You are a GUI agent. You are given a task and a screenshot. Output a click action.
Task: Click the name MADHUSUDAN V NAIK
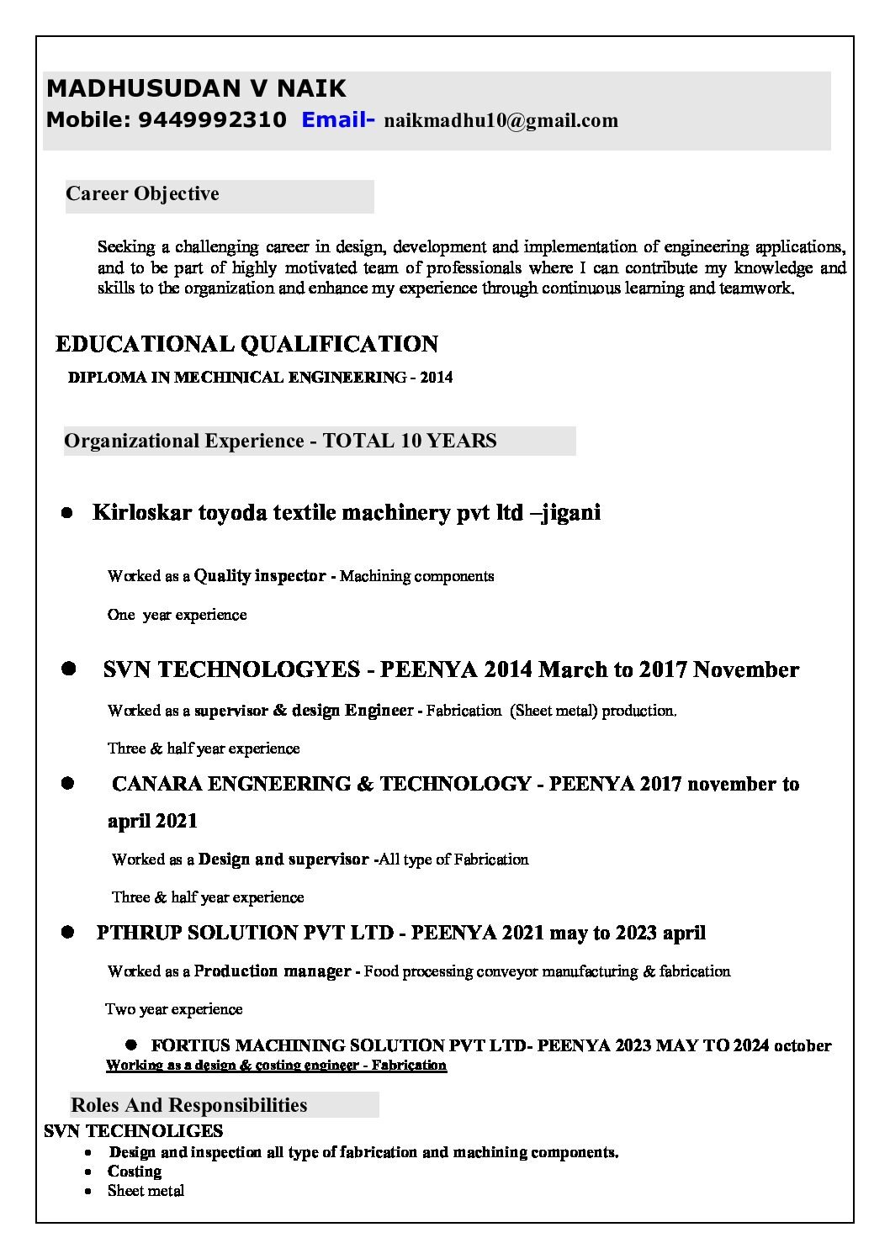coord(196,88)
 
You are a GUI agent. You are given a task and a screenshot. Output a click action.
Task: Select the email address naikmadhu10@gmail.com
coord(501,121)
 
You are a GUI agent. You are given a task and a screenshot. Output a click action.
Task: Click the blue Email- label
coord(338,120)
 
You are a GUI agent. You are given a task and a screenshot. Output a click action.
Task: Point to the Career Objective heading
coord(142,194)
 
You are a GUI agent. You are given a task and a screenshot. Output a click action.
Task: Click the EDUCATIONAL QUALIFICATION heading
coord(246,344)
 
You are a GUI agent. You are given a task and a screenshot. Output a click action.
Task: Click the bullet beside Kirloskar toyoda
coord(66,513)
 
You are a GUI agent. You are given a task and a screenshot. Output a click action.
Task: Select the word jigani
coord(572,512)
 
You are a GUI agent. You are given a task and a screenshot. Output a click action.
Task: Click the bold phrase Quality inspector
coord(260,576)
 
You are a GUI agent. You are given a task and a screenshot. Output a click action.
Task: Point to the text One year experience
coord(177,615)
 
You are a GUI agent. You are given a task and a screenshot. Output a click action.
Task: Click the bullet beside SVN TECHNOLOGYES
coord(68,669)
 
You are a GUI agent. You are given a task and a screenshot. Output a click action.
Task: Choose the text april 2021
coord(152,821)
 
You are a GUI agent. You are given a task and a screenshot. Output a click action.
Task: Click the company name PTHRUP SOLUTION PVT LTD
coord(245,933)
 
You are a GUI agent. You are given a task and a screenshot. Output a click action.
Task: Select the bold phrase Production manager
coord(273,971)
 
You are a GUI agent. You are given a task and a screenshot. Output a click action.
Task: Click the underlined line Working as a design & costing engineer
coord(276,1066)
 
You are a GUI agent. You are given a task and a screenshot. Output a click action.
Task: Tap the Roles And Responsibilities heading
coord(188,1105)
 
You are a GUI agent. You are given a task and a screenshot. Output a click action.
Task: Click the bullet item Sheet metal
coord(146,1191)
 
